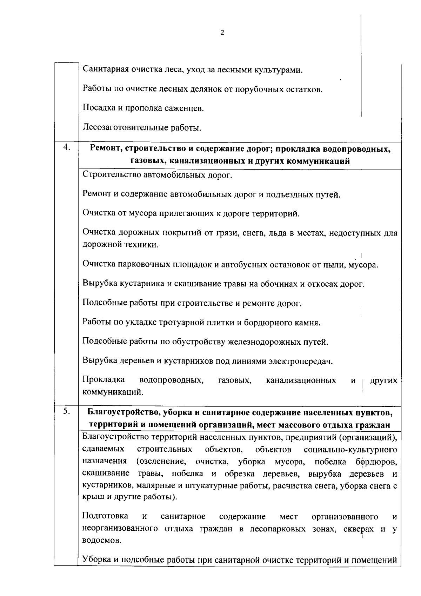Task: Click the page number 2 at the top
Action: pyautogui.click(x=221, y=33)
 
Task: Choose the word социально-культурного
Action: pyautogui.click(x=350, y=450)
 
